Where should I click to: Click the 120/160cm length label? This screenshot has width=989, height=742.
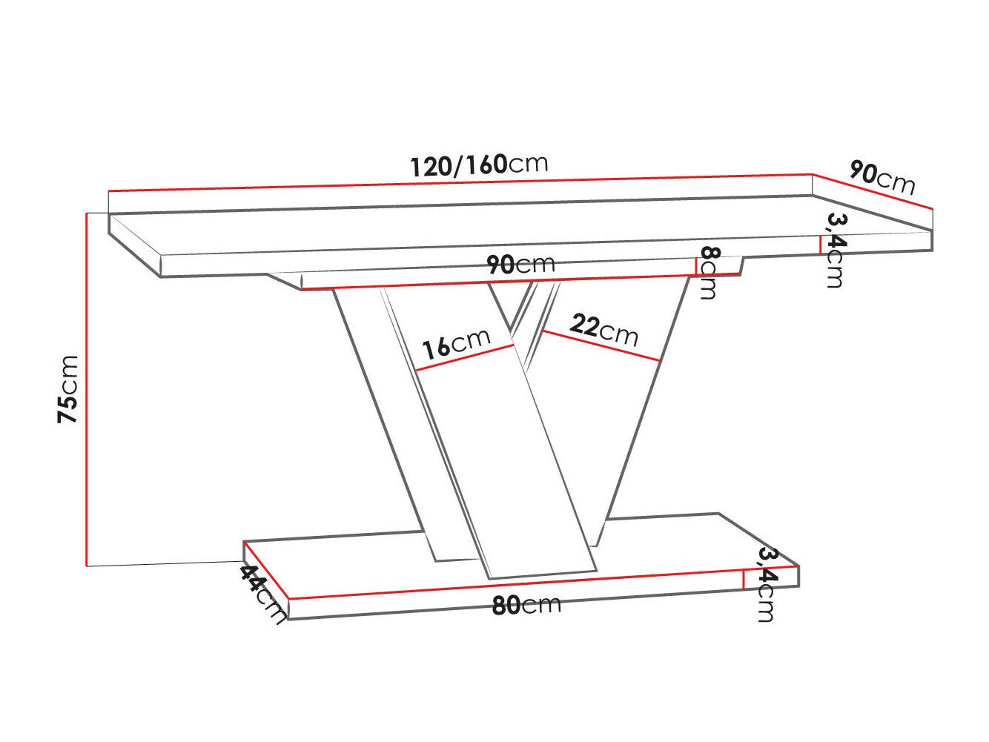(x=479, y=165)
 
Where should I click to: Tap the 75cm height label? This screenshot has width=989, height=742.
(x=68, y=389)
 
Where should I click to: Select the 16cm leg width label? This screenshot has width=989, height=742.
(x=455, y=343)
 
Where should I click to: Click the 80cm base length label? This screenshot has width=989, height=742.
(x=526, y=606)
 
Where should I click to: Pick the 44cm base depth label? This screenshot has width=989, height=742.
(x=262, y=594)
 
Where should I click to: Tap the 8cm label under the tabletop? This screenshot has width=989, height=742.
(x=708, y=273)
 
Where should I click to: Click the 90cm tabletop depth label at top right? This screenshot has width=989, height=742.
(x=881, y=178)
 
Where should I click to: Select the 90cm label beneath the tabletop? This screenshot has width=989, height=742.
(x=520, y=265)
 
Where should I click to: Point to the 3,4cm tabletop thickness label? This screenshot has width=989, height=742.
(x=836, y=250)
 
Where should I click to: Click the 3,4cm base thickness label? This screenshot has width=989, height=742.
(x=766, y=585)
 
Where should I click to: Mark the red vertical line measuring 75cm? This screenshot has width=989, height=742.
(x=87, y=389)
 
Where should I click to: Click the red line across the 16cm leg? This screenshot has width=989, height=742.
(x=465, y=357)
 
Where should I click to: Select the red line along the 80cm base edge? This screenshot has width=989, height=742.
(x=519, y=583)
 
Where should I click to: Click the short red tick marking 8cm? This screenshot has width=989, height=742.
(x=696, y=266)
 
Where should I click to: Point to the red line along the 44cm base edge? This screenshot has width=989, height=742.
(x=265, y=570)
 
